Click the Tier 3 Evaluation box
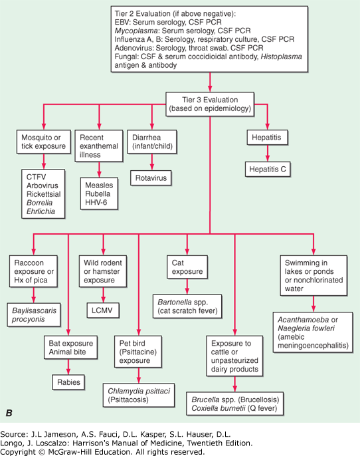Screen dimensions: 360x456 pyautogui.click(x=210, y=104)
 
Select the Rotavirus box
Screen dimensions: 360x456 pyautogui.click(x=151, y=178)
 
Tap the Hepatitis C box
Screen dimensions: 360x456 pyautogui.click(x=268, y=170)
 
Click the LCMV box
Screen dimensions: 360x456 pyautogui.click(x=103, y=310)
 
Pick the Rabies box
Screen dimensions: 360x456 pyautogui.click(x=68, y=382)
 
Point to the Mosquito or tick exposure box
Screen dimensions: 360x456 pyautogui.click(x=44, y=142)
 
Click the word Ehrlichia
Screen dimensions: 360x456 pyautogui.click(x=41, y=211)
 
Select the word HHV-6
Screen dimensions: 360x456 pyautogui.click(x=96, y=202)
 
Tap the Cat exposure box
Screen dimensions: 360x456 pyautogui.click(x=187, y=267)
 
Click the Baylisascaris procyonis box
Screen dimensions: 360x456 pyautogui.click(x=34, y=314)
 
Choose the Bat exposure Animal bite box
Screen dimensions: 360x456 pyautogui.click(x=70, y=348)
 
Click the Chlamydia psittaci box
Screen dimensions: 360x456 pyautogui.click(x=139, y=396)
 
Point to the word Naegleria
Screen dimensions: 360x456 pyautogui.click(x=292, y=328)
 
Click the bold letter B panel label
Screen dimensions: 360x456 pyautogui.click(x=9, y=413)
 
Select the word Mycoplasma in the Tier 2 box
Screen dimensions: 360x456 pyautogui.click(x=136, y=31)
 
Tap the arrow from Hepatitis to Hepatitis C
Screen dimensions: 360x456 pyautogui.click(x=268, y=154)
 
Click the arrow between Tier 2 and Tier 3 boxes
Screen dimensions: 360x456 pyautogui.click(x=210, y=82)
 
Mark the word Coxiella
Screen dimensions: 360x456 pyautogui.click(x=204, y=408)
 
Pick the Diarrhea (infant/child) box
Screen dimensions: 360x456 pyautogui.click(x=152, y=142)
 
